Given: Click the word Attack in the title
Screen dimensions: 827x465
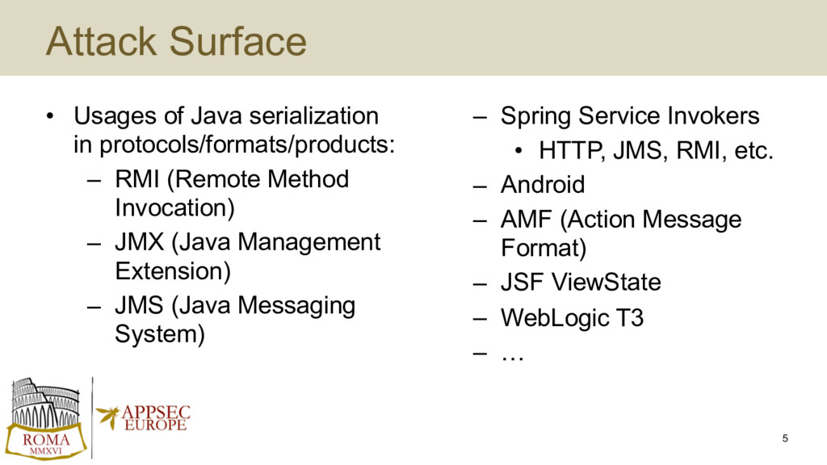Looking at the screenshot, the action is point(101,41).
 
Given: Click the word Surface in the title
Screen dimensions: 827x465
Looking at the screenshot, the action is point(238,41).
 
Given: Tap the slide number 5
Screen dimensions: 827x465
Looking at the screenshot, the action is point(785,438).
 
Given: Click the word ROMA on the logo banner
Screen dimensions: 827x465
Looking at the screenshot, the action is point(46,439).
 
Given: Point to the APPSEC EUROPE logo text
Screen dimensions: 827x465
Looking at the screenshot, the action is point(156,418).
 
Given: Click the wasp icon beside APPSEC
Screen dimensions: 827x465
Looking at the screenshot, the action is point(108,417).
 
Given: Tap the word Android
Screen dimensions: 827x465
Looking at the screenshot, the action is point(543,185).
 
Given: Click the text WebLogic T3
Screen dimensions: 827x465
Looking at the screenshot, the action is point(573,318).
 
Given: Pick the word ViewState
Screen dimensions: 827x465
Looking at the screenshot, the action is point(607,282).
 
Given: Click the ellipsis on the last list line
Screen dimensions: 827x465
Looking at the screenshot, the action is point(513,358).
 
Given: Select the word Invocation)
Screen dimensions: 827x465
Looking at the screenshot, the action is point(174,207).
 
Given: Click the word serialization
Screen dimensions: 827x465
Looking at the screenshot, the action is point(314,116).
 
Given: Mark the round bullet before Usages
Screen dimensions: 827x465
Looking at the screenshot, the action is point(49,116).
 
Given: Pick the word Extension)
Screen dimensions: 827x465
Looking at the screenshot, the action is point(173,271).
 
